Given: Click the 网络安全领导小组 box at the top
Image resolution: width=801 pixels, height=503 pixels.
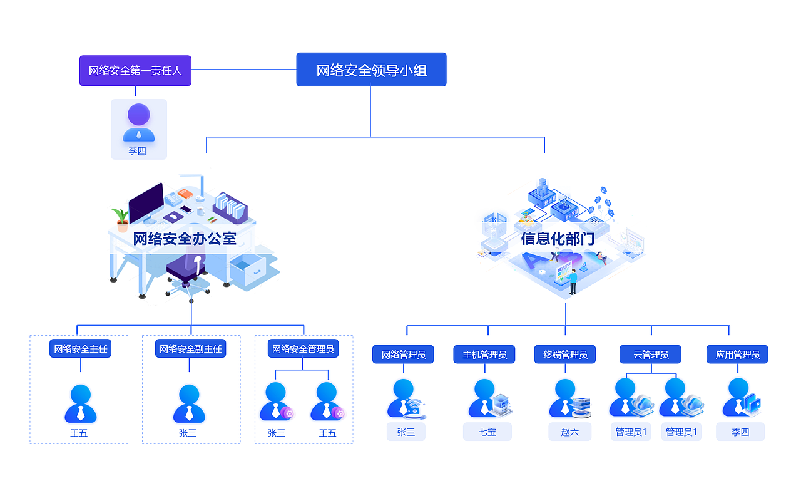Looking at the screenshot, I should coord(371,70).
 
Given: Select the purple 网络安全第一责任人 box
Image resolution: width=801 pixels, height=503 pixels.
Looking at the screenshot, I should coord(135,71).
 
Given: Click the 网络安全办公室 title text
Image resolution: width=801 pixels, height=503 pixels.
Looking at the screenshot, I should coord(185,239).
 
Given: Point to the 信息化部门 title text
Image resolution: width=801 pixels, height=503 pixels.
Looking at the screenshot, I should coord(557,239).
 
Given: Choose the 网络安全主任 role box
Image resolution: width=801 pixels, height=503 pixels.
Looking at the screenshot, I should coord(80,349).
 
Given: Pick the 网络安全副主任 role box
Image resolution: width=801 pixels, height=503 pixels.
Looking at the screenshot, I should coord(190,349).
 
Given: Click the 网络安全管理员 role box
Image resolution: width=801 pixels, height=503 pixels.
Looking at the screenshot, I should coord(303,349).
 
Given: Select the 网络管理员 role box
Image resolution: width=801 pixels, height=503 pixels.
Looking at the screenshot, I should coord(403,355).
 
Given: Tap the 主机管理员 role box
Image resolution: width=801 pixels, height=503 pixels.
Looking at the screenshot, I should coord(484,355).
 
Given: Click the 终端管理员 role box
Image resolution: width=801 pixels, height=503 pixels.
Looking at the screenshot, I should coord(565,355).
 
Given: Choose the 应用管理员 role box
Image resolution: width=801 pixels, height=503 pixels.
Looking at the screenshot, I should coord(737,355).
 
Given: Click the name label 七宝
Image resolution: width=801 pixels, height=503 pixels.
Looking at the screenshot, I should coord(487,432).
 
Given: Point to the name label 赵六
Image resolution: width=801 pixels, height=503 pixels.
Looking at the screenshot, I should coord(569,432).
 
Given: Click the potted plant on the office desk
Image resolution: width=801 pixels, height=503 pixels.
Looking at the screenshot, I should coord(121,220).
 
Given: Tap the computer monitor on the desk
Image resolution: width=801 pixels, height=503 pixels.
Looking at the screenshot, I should coord(146,202).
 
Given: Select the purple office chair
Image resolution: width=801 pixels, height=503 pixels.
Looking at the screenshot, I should coord(187,269).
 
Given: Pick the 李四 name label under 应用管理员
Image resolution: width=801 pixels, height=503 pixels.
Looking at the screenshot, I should coord(740,432).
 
